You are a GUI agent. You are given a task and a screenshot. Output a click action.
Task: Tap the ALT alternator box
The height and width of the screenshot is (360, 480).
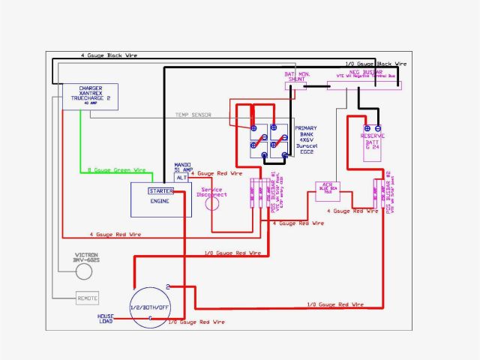181,178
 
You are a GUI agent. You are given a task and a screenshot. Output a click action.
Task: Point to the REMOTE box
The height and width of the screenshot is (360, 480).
88,298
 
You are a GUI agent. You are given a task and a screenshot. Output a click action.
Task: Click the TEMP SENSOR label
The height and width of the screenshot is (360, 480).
193,115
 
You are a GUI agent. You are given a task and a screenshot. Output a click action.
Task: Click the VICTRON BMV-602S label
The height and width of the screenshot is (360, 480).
88,259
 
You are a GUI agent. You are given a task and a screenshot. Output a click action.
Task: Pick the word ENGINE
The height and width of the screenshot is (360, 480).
159,201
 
